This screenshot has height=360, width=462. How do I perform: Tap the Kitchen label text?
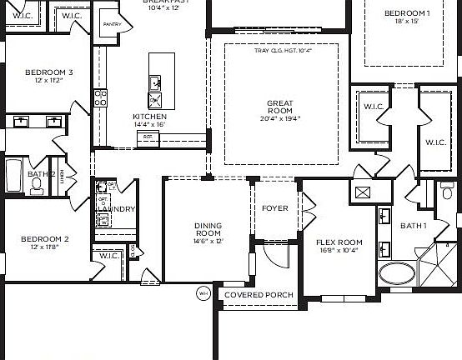click(149, 117)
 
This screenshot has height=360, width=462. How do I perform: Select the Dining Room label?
click(208, 230)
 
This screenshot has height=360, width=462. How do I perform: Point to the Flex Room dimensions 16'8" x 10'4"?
click(337, 250)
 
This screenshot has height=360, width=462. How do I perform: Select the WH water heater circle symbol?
click(203, 293)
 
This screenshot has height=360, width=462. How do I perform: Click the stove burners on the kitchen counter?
click(100, 97)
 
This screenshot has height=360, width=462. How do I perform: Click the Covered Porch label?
click(259, 295)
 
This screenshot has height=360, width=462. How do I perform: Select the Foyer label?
click(275, 208)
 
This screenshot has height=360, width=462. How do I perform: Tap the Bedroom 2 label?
click(45, 239)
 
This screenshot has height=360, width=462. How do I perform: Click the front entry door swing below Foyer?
click(270, 252)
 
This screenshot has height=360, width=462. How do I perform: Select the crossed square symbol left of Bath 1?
click(363, 192)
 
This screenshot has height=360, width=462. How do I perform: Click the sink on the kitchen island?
click(156, 82)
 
